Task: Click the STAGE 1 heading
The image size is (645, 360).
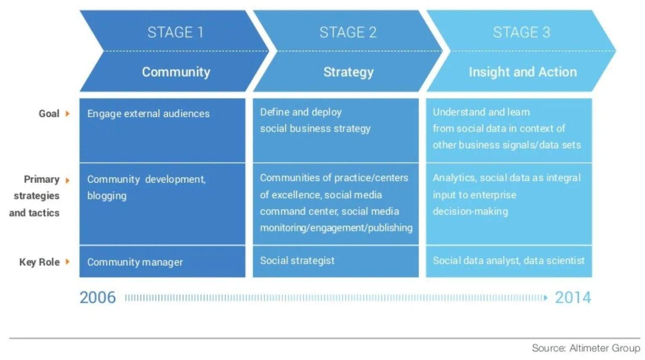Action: click(175, 32)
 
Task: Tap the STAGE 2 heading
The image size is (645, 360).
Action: click(348, 32)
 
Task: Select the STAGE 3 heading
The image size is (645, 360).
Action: click(521, 32)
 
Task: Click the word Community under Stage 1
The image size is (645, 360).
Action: click(176, 72)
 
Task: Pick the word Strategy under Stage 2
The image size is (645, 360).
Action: click(348, 72)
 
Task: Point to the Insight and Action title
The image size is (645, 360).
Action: click(523, 72)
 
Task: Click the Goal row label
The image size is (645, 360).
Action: click(49, 114)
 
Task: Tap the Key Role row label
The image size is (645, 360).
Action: click(39, 262)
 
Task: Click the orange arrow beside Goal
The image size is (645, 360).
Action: click(67, 114)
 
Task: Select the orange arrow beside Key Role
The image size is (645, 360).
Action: click(67, 262)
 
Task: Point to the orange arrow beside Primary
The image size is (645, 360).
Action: click(67, 180)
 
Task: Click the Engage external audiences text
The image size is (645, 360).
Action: click(148, 114)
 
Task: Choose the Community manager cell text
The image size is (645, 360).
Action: click(135, 262)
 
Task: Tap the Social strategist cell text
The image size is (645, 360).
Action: click(297, 261)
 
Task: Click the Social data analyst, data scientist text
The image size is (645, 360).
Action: click(508, 261)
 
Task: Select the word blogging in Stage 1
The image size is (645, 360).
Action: click(107, 196)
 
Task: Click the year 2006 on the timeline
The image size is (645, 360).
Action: click(98, 298)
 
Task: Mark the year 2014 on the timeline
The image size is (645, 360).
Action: click(573, 298)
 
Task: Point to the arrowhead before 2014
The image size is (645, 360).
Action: click(546, 298)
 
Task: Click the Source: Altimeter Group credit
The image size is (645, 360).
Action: click(586, 348)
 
